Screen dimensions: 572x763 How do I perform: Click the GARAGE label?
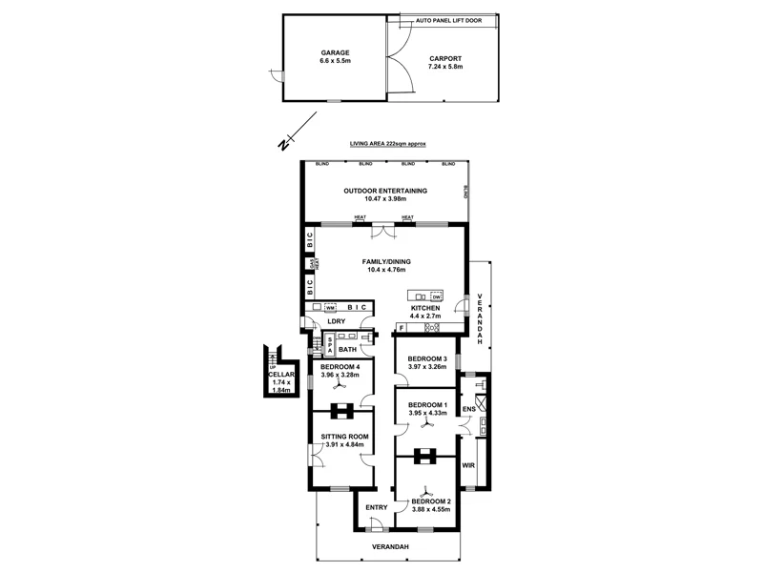tap(335, 52)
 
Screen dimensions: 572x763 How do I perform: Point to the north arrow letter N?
tap(282, 145)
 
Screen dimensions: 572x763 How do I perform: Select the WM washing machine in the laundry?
tap(329, 308)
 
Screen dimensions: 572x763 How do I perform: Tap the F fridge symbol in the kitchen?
tap(402, 328)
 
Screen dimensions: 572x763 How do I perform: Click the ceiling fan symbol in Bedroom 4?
tap(340, 389)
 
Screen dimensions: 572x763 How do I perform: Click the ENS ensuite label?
tap(468, 410)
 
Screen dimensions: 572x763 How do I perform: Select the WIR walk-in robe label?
tap(467, 465)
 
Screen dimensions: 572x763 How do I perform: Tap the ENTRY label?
tap(377, 507)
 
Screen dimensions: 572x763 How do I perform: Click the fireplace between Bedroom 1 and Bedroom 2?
tap(426, 454)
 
